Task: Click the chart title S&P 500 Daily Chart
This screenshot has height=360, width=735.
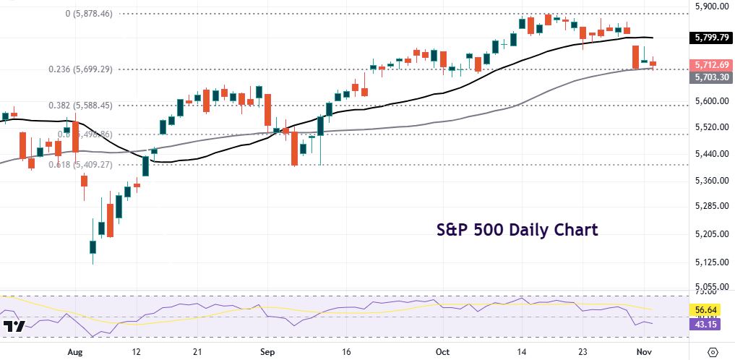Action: tap(517, 231)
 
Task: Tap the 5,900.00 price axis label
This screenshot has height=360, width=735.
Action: tap(711, 6)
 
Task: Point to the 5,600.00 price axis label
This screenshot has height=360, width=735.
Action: tap(711, 101)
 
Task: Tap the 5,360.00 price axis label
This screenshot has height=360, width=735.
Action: tap(711, 181)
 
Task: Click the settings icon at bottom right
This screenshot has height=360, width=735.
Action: tap(713, 351)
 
